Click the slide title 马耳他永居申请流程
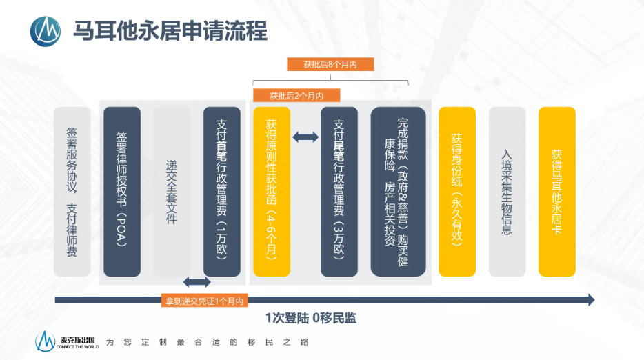[x=170, y=30]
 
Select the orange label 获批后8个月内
[x=330, y=64]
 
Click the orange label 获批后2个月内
[x=296, y=95]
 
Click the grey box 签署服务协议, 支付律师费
[x=72, y=191]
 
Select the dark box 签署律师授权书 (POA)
[x=122, y=191]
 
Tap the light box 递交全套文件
[x=172, y=191]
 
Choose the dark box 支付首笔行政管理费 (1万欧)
[x=222, y=191]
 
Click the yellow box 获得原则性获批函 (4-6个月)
[x=271, y=191]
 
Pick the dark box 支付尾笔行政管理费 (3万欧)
[x=339, y=191]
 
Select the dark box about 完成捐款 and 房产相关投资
[x=398, y=191]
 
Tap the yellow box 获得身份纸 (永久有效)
[x=457, y=191]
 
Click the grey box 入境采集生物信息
[x=507, y=191]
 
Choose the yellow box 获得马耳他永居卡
[x=556, y=191]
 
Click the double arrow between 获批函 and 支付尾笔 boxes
[x=305, y=138]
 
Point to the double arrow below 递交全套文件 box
[x=197, y=282]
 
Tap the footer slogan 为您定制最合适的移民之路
[x=207, y=342]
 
